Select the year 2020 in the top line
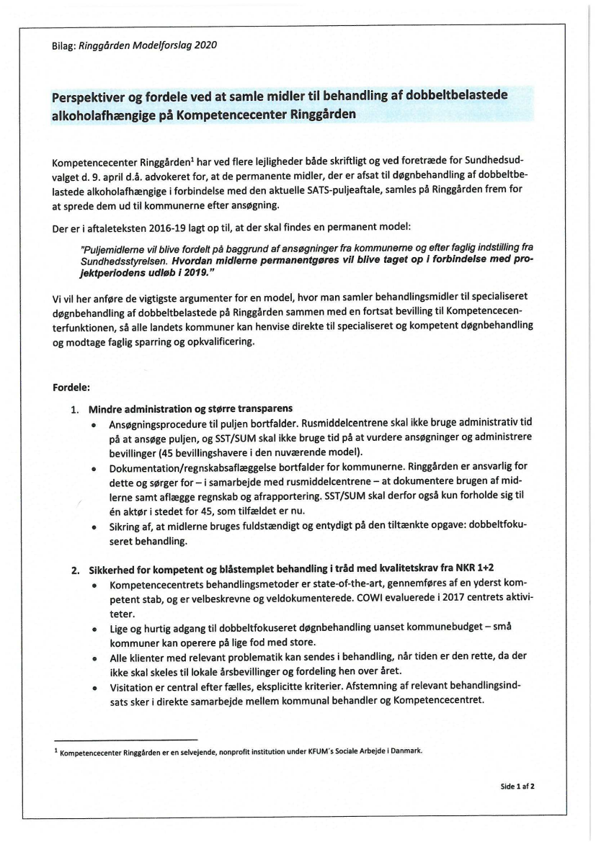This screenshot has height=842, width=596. (x=205, y=45)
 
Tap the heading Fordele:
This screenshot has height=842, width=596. (x=71, y=387)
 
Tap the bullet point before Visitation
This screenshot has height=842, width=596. (x=95, y=687)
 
